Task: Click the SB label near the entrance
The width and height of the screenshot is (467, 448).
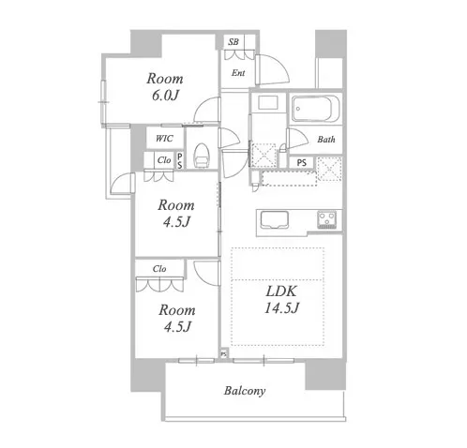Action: [x=233, y=42]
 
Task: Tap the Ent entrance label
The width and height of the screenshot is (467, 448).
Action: [x=238, y=73]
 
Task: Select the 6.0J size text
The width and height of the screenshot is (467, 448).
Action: [x=165, y=96]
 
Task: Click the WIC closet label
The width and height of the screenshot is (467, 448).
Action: [x=164, y=139]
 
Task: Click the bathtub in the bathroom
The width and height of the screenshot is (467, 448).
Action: [x=315, y=109]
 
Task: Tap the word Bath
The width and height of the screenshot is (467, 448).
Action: [x=326, y=140]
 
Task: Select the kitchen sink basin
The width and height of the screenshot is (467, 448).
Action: [x=275, y=220]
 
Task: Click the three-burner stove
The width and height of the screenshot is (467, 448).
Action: [x=327, y=219]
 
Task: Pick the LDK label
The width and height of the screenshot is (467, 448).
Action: [x=281, y=291]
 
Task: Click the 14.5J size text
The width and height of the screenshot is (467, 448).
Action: [x=281, y=308]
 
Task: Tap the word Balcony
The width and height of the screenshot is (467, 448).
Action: [x=245, y=391]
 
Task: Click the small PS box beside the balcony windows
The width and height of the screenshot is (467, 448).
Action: [x=224, y=354]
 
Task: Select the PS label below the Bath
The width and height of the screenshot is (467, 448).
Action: [x=301, y=163]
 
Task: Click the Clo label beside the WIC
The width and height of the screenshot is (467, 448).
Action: [x=164, y=160]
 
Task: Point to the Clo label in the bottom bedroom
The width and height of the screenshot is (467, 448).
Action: [x=159, y=269]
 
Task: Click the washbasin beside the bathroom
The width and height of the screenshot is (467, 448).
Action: [x=268, y=102]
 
